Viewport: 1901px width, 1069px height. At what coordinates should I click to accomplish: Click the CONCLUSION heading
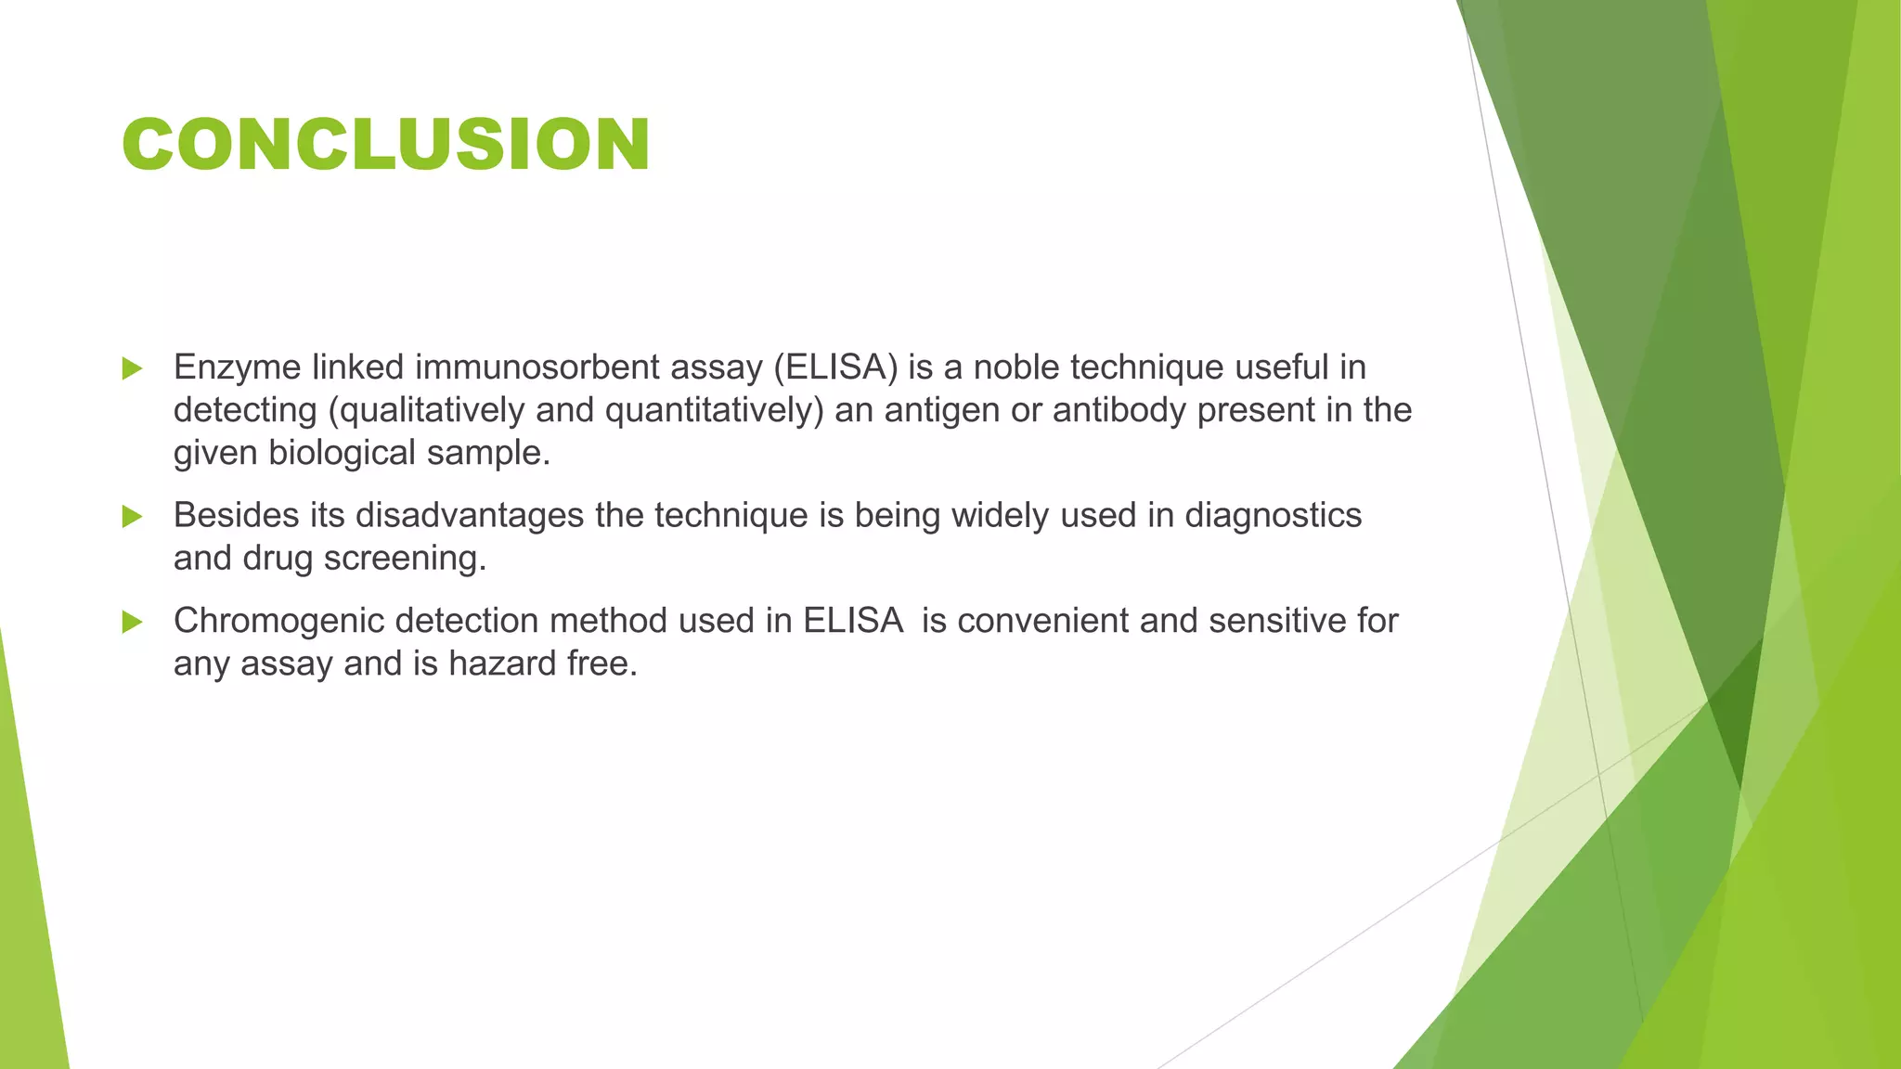(x=385, y=145)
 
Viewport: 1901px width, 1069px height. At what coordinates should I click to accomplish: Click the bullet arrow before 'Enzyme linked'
(x=132, y=368)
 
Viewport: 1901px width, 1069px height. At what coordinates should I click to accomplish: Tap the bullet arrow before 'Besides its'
(x=132, y=516)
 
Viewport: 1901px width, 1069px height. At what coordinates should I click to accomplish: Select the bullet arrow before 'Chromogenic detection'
(x=132, y=622)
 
